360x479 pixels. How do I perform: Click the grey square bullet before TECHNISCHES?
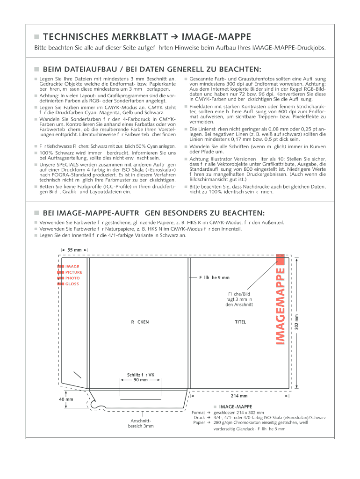tap(36, 37)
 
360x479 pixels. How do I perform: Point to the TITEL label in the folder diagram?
tap(240, 322)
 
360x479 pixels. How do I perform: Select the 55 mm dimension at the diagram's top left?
tap(75, 250)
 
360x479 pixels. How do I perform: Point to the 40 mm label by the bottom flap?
tap(66, 399)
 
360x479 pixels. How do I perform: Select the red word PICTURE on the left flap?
tap(74, 272)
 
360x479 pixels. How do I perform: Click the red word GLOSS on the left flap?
tap(72, 284)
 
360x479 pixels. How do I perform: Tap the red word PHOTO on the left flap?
tap(72, 278)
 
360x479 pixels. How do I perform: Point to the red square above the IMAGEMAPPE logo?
tap(280, 259)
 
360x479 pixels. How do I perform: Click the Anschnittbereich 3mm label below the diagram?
tap(141, 423)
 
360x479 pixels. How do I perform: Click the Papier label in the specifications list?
tap(199, 422)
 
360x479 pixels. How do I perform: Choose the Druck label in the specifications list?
tap(199, 417)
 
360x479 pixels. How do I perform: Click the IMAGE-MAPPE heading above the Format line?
tap(236, 406)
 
